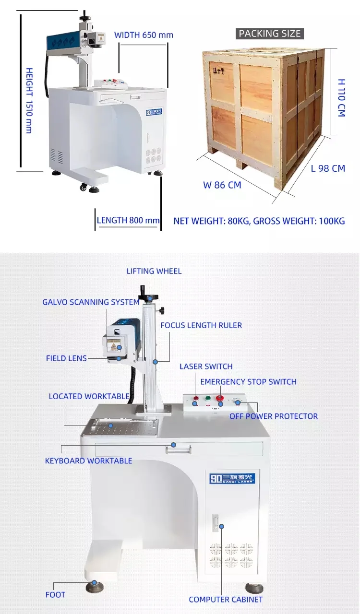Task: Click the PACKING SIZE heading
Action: [270, 34]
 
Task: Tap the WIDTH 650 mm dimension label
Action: [144, 35]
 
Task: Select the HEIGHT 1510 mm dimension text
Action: [29, 100]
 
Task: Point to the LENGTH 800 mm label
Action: [128, 221]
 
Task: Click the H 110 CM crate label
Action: [341, 98]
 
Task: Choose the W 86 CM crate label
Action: [222, 185]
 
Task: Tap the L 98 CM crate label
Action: [328, 168]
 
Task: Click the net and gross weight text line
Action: [259, 221]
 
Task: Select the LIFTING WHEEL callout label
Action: [154, 271]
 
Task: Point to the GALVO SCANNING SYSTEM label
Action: [91, 302]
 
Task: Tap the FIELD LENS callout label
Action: [66, 358]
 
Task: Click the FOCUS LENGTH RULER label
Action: [201, 325]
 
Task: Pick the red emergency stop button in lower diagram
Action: [220, 398]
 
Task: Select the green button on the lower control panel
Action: [208, 398]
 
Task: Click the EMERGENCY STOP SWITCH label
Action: [248, 382]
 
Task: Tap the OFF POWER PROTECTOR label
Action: [274, 416]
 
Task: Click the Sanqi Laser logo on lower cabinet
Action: [232, 478]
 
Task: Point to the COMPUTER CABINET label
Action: [226, 599]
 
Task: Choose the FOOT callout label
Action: [55, 594]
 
